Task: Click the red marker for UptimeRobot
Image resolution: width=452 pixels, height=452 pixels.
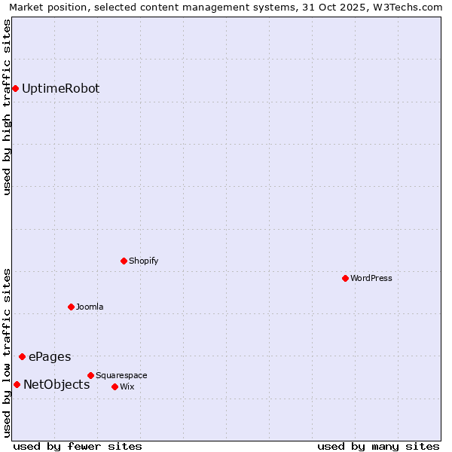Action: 15,89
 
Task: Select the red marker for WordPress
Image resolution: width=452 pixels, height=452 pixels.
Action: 345,278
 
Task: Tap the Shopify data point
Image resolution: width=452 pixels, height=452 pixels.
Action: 124,261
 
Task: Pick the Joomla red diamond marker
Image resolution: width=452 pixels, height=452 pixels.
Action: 71,307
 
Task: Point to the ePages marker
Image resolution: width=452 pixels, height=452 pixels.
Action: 22,356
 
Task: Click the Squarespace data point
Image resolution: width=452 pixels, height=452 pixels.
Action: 90,375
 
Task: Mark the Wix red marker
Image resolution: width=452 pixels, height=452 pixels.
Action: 115,386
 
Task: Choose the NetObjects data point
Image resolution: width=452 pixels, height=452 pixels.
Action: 17,385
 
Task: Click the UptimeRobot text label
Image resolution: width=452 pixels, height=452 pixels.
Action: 60,89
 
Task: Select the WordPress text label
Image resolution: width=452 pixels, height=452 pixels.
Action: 371,278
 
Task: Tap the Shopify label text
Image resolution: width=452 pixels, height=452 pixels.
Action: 143,261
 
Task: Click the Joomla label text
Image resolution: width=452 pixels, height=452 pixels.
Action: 90,307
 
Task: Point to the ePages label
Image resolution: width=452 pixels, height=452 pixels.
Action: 50,356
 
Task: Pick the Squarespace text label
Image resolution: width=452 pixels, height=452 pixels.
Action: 121,375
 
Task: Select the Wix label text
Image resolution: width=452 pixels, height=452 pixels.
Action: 127,386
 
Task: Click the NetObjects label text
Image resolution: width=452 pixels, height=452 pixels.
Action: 56,385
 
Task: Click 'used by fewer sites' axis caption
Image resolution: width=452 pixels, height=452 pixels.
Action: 78,446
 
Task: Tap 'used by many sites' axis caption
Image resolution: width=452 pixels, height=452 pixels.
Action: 378,446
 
